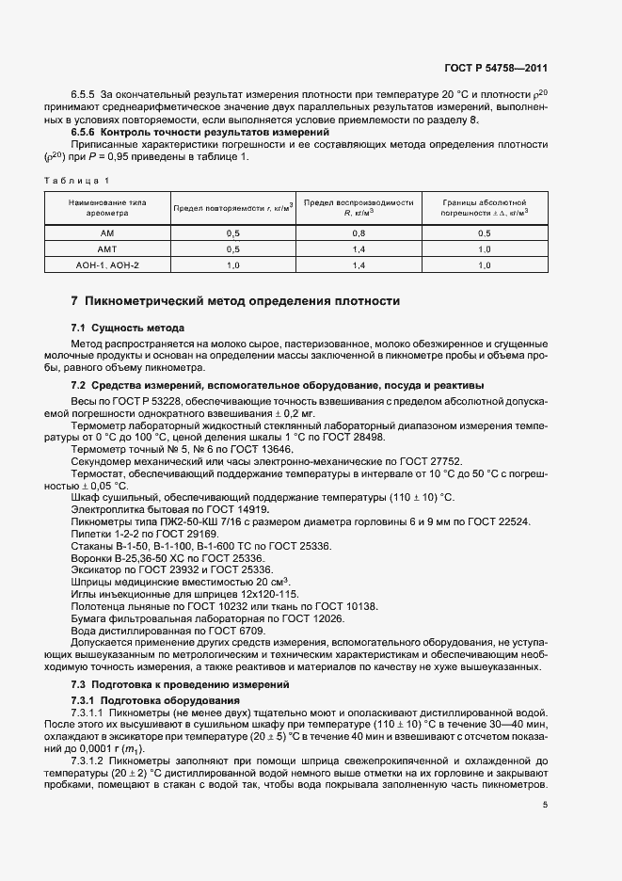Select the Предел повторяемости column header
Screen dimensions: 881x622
click(232, 207)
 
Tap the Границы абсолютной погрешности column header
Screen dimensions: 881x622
click(484, 207)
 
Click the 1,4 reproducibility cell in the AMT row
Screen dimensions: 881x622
click(359, 248)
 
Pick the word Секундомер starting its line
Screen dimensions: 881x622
click(101, 461)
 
